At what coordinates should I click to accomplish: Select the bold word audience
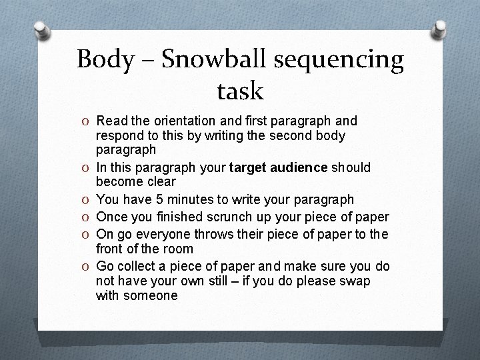[298, 167]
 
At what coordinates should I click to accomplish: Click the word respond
[119, 136]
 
